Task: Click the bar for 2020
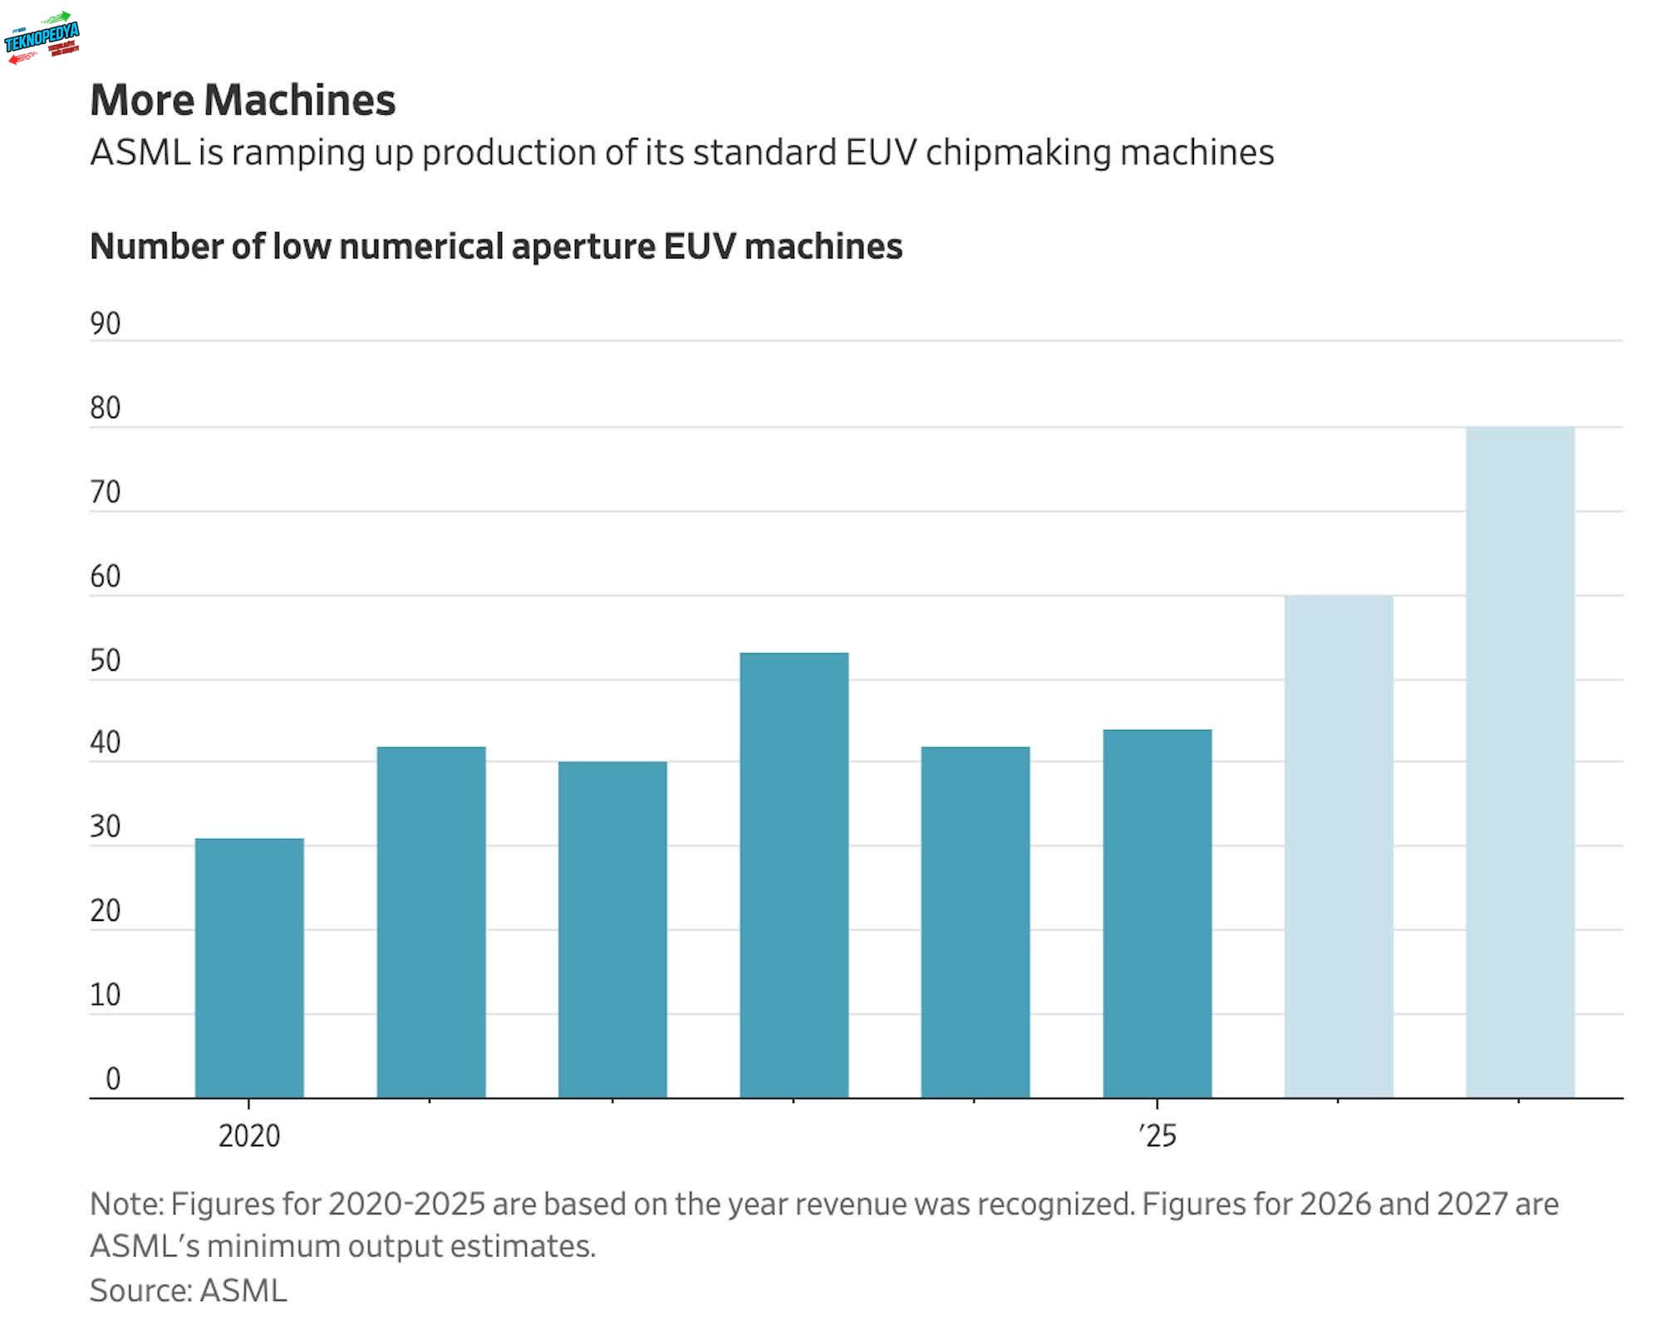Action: (249, 968)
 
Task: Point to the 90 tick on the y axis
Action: (106, 323)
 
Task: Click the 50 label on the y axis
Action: (106, 661)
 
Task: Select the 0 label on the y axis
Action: (113, 1079)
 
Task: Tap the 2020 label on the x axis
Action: (249, 1135)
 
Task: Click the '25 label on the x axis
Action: (1157, 1135)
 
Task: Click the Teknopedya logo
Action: (42, 37)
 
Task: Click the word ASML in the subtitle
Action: (140, 152)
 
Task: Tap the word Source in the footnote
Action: (140, 1290)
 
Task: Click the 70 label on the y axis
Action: (106, 492)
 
